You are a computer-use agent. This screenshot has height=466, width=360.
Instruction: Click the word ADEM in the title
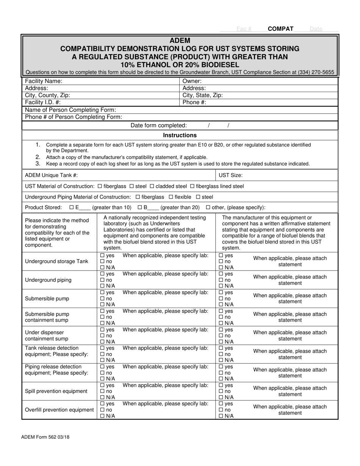point(180,41)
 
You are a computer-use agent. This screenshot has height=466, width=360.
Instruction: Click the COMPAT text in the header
point(280,29)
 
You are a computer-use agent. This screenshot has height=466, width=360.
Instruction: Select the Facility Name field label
point(44,81)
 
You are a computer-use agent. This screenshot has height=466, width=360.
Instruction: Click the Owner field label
point(192,81)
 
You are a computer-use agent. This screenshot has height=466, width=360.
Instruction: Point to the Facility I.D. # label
point(42,102)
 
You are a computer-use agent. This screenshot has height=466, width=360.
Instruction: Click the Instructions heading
point(180,135)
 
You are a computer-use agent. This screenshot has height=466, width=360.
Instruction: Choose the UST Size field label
point(231,175)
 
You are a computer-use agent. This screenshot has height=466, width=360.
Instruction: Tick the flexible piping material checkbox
point(171,197)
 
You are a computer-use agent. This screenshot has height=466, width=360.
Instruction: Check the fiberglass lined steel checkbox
point(192,186)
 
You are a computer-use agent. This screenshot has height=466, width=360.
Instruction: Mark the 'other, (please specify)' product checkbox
point(208,208)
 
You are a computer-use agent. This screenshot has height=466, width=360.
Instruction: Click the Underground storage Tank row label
point(56,261)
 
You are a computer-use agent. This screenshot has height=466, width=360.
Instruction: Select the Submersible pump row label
point(47,299)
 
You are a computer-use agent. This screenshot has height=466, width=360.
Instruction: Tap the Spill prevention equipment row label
point(56,391)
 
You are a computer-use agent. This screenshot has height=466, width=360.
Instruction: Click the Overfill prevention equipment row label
point(59,410)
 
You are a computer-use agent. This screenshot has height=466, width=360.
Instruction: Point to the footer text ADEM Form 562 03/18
point(45,437)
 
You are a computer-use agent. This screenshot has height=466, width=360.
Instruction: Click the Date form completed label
point(158,125)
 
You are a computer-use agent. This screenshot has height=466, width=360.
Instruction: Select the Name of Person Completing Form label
point(70,110)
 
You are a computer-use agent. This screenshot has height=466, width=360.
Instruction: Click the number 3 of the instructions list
point(38,164)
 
